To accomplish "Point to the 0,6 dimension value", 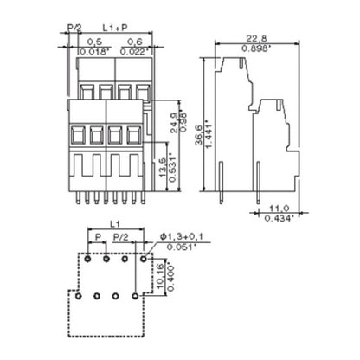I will coord(132,42).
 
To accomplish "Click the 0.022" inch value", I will coord(132,52).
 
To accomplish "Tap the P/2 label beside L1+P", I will coord(74,29).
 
